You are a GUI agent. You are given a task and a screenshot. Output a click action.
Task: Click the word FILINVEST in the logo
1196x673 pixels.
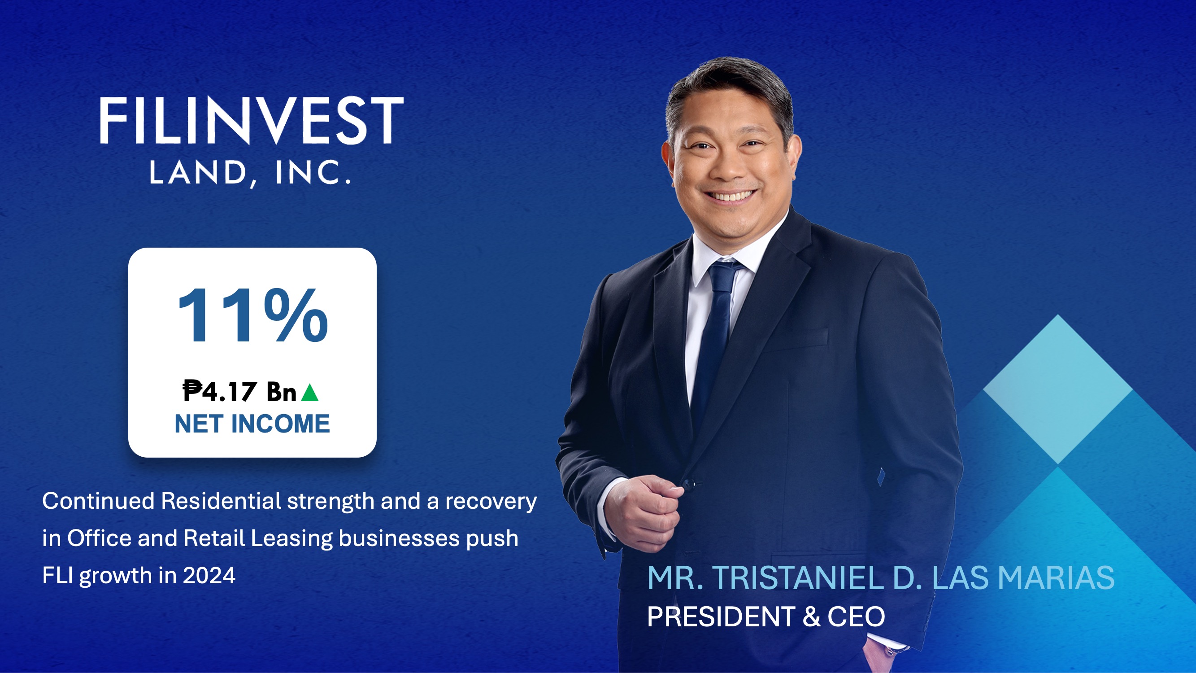[x=251, y=121]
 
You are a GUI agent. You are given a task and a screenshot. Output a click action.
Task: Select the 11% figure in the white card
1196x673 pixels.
[x=252, y=316]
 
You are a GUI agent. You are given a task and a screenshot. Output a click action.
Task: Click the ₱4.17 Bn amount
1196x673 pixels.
[x=239, y=392]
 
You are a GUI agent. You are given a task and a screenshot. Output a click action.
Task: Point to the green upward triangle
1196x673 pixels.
[x=310, y=393]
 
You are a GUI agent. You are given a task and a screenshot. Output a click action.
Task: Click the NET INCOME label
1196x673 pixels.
[x=252, y=424]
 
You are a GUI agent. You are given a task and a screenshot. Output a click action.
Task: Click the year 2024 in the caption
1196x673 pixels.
[x=209, y=576]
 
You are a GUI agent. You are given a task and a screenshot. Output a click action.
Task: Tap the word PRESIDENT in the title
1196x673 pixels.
[x=721, y=617]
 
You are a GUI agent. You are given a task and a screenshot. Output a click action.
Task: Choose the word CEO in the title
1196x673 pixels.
[x=856, y=617]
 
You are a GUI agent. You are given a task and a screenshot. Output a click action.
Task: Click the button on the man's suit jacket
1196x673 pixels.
[x=688, y=484]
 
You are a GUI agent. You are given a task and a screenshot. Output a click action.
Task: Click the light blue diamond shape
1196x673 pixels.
[x=1057, y=389]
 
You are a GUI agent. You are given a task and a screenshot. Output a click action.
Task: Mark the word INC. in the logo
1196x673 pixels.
[x=313, y=173]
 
